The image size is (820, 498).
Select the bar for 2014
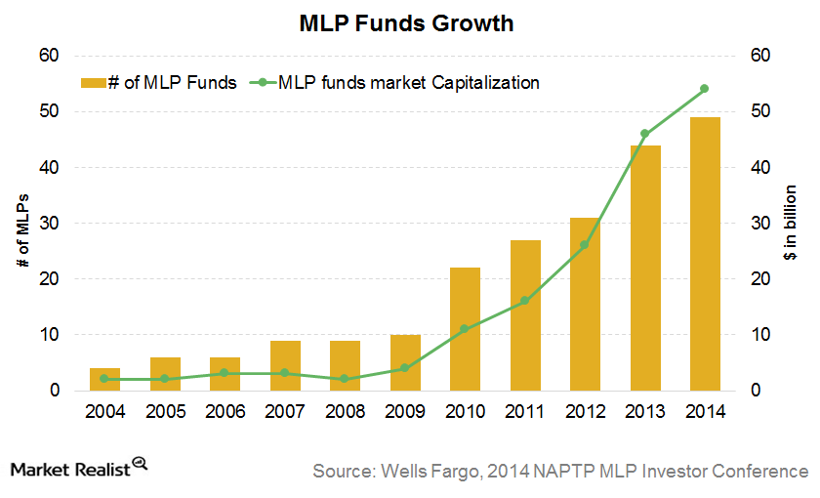coord(705,254)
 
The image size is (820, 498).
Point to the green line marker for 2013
coord(644,134)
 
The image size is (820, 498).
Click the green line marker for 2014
coord(705,89)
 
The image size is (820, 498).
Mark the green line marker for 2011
coord(525,301)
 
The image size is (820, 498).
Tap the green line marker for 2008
coord(346,379)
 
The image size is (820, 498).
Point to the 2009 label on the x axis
coord(405,411)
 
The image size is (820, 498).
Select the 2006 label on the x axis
coord(225,411)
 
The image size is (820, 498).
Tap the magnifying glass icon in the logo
coord(140,464)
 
